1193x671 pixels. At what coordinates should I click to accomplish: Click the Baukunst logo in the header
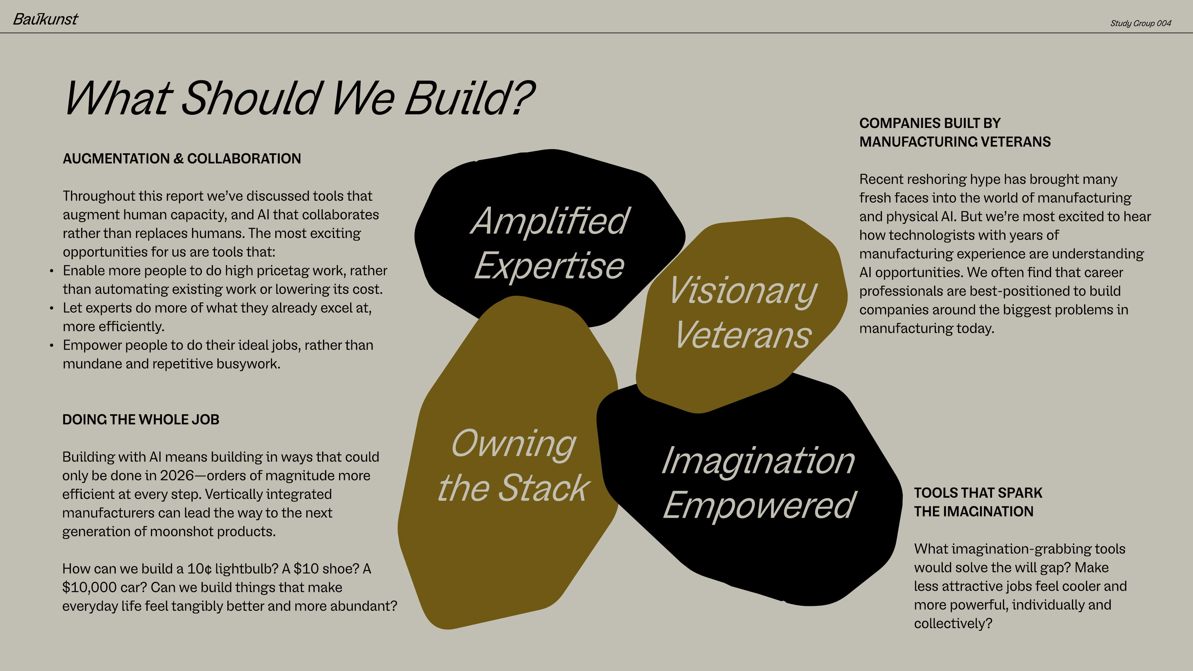[45, 19]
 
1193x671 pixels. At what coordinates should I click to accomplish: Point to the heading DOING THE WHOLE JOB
[141, 420]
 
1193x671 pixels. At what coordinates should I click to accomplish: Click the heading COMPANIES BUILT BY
[930, 123]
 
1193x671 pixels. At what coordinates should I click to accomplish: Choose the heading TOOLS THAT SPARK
[978, 493]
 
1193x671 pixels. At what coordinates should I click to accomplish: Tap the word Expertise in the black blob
[549, 266]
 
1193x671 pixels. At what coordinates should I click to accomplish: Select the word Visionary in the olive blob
[743, 291]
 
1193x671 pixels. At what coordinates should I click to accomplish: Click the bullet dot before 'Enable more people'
[51, 271]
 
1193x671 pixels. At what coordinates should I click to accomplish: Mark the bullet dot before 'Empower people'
[51, 345]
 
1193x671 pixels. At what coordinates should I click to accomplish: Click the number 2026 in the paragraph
[177, 476]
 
